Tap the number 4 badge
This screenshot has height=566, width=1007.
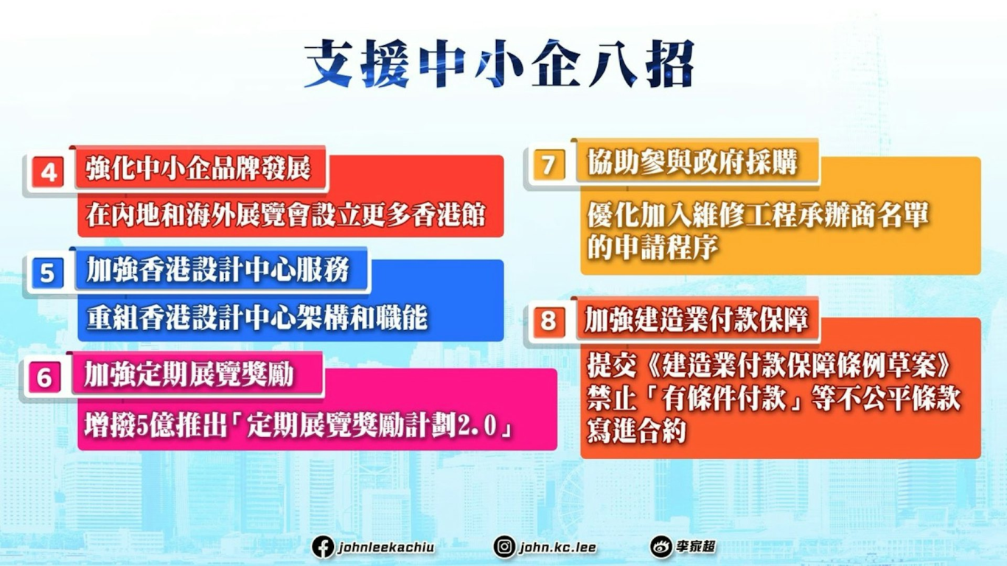point(49,173)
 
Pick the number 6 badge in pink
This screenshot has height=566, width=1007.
point(44,378)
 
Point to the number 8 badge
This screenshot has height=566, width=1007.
point(547,321)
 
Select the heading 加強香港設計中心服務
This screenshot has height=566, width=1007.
point(218,270)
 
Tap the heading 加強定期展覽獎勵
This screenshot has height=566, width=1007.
point(189,374)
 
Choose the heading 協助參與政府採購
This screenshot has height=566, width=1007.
point(692,162)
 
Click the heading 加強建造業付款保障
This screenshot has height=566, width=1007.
point(697,320)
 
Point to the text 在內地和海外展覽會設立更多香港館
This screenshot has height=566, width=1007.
point(286,214)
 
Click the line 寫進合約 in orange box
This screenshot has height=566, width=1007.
point(636,430)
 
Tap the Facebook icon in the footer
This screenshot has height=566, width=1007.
point(322,547)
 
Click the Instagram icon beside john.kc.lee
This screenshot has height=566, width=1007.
point(504,547)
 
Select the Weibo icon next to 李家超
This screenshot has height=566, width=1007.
point(661,547)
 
